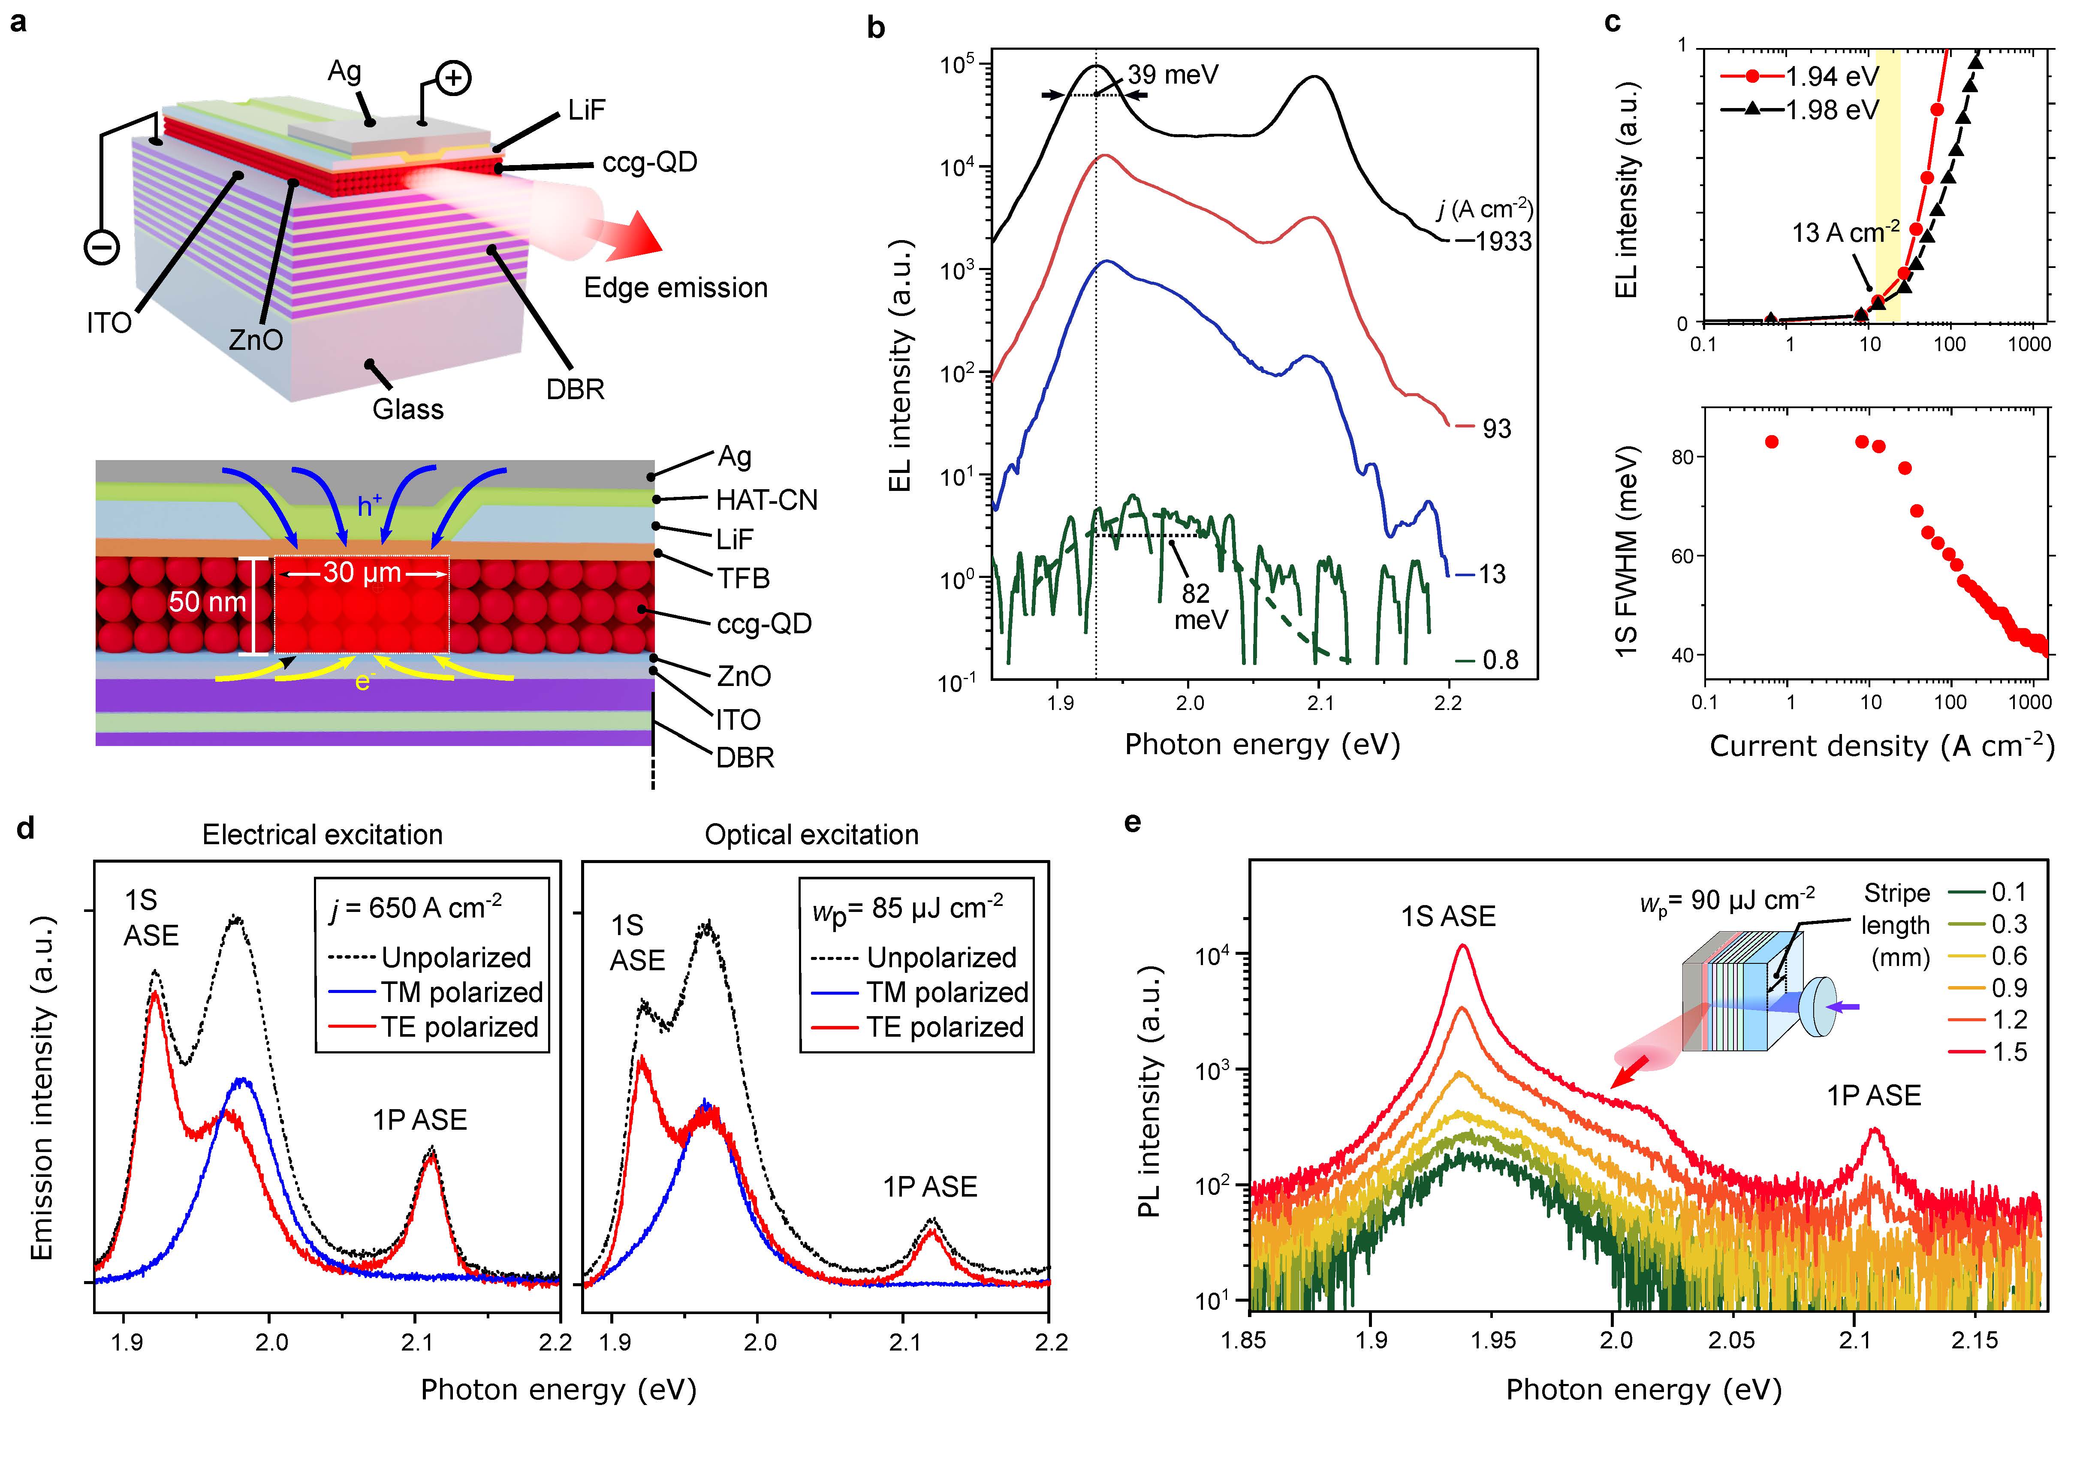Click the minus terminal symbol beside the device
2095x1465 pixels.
click(x=102, y=246)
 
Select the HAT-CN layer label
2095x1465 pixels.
click(x=766, y=500)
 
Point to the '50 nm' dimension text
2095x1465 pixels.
click(x=208, y=602)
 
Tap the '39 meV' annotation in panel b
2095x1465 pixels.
click(x=1173, y=75)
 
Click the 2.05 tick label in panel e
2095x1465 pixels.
click(x=1732, y=1340)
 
